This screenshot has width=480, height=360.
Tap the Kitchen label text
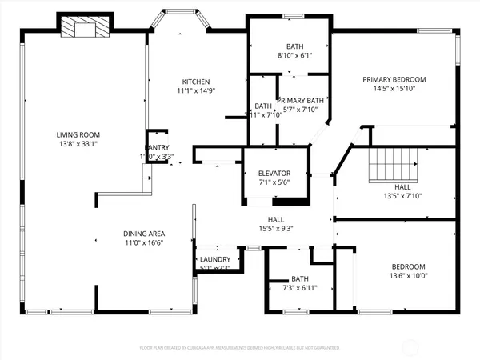[x=195, y=82]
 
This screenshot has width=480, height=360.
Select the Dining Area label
[x=145, y=233]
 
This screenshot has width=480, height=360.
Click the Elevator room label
[x=274, y=173]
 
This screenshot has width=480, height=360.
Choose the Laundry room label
[x=216, y=259]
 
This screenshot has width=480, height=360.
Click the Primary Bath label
[x=300, y=100]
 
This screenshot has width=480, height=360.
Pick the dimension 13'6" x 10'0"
[x=408, y=276]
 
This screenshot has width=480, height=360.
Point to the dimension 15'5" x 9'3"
[x=276, y=229]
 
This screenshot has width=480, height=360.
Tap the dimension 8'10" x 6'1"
[x=289, y=55]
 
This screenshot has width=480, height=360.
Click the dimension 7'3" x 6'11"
[x=300, y=288]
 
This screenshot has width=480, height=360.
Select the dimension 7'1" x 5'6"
[x=274, y=182]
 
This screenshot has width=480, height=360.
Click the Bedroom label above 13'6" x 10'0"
[x=408, y=266]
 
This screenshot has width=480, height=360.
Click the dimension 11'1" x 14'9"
[x=195, y=91]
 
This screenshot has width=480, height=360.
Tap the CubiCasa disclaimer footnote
[x=240, y=348]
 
